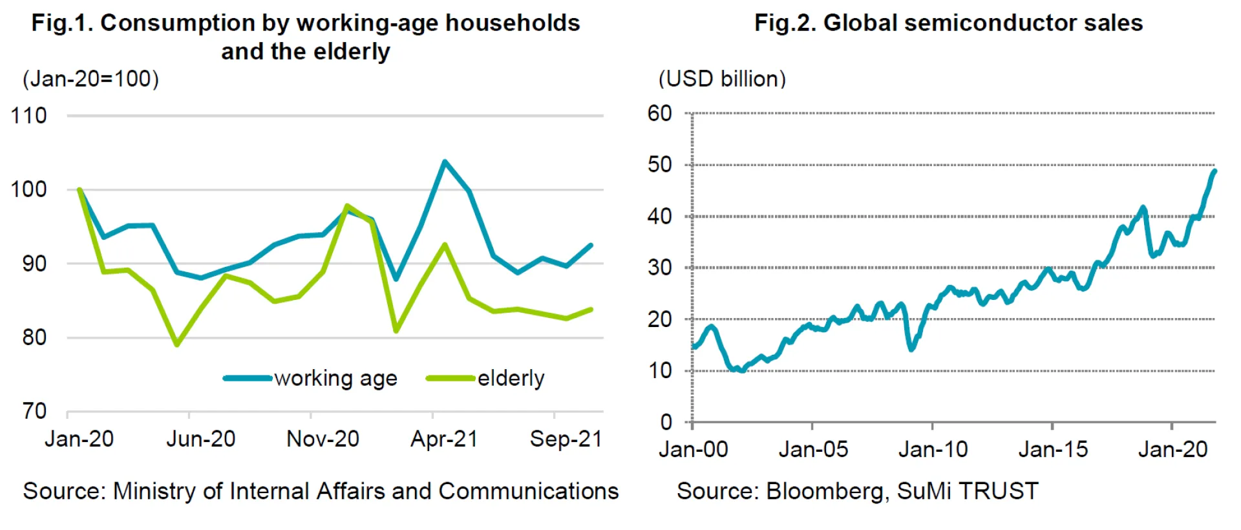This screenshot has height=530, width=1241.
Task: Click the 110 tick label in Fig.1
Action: coord(28,116)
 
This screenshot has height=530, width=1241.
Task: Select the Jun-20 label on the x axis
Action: coord(200,440)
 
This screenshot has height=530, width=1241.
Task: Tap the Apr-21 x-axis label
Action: coord(444,440)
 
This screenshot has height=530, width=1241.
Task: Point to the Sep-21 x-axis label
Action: coord(566,440)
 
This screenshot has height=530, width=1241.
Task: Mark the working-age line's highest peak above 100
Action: coord(445,162)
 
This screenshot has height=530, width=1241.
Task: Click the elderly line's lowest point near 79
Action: coord(176,344)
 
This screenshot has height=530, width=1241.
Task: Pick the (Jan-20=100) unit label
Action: coord(90,79)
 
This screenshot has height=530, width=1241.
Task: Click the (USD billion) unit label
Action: coord(722,79)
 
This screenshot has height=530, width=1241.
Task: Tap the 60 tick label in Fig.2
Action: coord(660,114)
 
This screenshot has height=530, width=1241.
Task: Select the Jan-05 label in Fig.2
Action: coord(812,450)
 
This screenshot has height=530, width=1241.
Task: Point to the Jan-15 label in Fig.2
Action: coord(1053,450)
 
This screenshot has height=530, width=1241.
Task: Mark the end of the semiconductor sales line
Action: coord(1214,171)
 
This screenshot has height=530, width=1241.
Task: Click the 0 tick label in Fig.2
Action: coord(666,423)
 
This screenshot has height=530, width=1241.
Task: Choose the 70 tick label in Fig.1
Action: coord(34,411)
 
